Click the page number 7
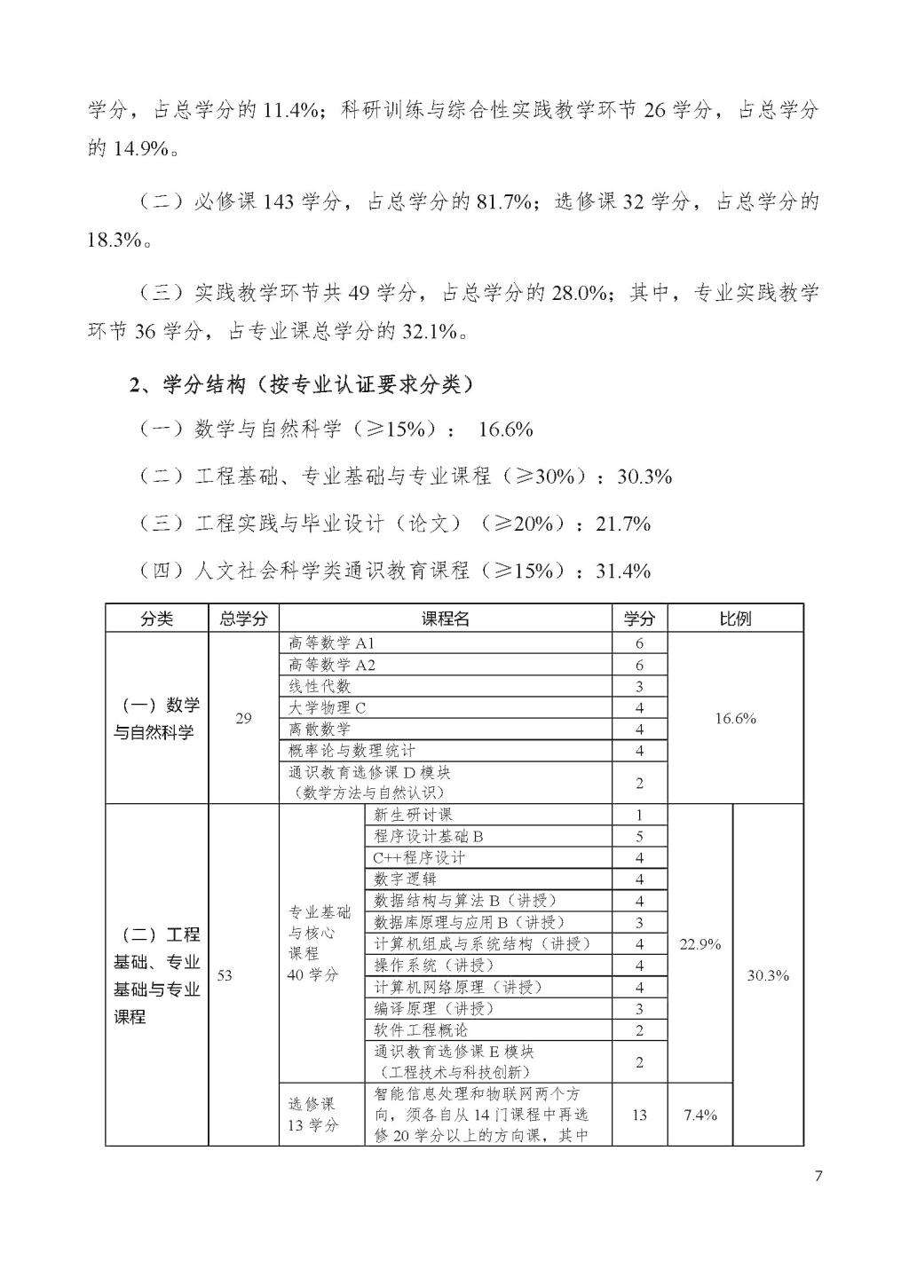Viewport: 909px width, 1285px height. coord(818,1177)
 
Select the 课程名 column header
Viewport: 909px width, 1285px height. coord(445,619)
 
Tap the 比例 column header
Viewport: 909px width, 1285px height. coord(735,619)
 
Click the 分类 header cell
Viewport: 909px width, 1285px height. coord(157,619)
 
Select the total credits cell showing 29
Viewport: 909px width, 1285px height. coord(243,718)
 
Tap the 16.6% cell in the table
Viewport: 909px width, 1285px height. coord(735,718)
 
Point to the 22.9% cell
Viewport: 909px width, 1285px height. coord(700,944)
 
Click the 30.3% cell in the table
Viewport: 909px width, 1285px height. coord(768,975)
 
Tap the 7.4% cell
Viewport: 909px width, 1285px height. coord(700,1115)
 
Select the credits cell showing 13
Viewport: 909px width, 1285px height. coord(639,1115)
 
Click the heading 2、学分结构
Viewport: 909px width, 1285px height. coord(302,384)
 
